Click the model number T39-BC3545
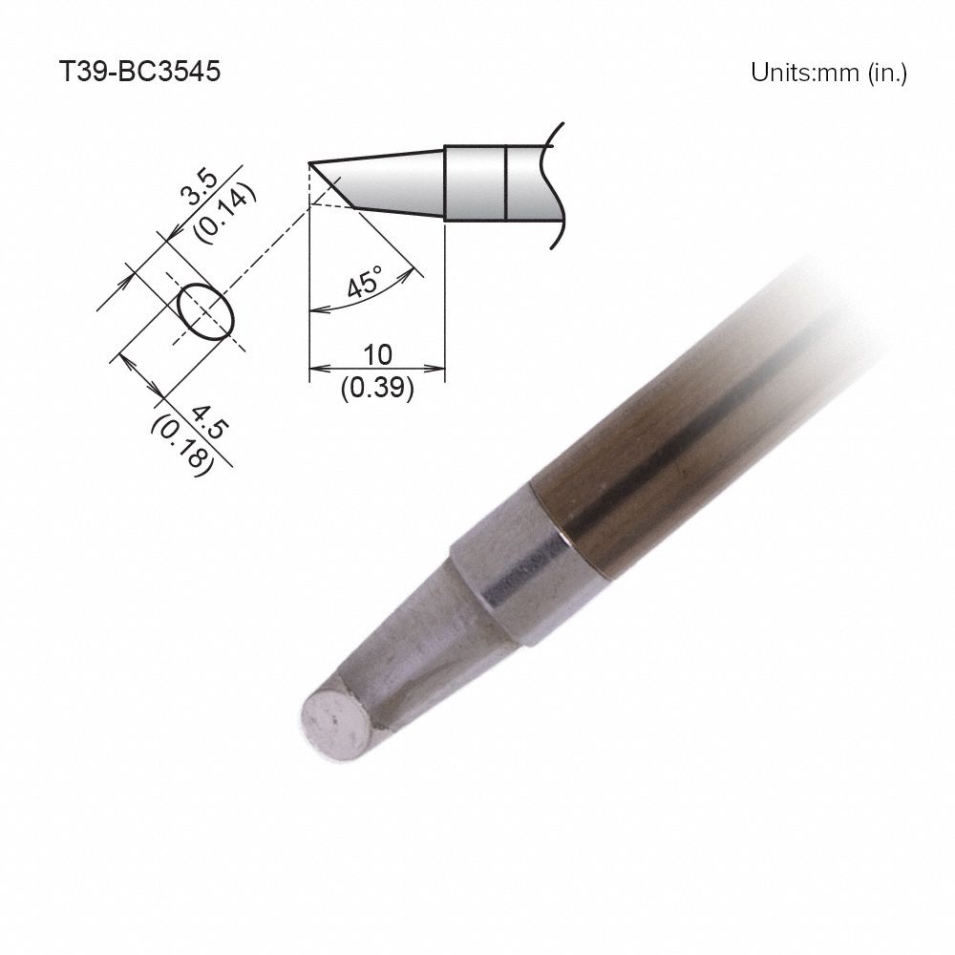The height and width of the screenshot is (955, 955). coord(140,73)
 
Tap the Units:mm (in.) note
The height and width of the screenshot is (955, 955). coord(828,73)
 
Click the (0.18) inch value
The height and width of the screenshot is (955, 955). coord(180,442)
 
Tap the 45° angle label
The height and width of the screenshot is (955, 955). coord(364,284)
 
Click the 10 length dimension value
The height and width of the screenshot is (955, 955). coord(378,355)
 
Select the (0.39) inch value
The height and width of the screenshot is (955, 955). coord(377,389)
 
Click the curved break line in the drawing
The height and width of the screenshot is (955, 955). coord(554,186)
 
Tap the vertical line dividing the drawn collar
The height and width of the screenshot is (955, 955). coord(504,182)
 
